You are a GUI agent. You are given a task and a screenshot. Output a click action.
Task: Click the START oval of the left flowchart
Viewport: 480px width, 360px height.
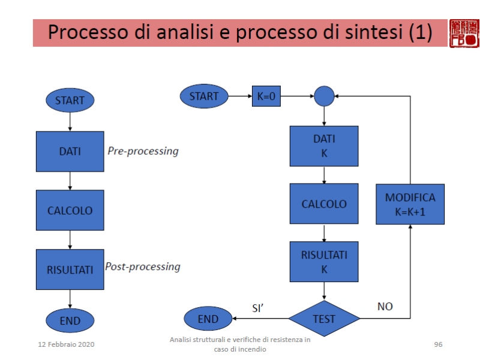pos(70,100)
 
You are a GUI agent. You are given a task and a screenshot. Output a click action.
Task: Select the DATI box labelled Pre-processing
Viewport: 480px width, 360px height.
pos(70,152)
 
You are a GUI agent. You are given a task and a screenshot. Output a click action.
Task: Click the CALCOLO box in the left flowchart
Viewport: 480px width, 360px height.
pos(70,211)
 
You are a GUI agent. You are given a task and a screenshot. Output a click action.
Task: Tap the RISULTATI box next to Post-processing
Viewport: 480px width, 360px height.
pos(70,269)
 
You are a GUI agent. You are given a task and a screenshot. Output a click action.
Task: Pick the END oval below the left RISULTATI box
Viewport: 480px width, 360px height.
pos(70,320)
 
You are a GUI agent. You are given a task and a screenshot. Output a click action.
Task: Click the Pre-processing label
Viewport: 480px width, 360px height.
pos(143,151)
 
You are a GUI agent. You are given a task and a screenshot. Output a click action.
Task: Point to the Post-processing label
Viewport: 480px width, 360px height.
pos(143,266)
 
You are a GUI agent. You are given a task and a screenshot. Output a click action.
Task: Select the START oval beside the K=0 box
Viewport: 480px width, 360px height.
pos(204,96)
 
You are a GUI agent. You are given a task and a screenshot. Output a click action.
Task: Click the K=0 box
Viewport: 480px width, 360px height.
pos(266,96)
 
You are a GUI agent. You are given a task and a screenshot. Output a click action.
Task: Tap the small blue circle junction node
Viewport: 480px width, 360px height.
pos(324,96)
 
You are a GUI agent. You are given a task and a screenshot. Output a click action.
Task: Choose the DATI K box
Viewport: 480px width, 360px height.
pos(324,146)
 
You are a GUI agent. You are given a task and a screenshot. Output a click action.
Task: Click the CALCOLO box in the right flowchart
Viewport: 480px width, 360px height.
pos(324,204)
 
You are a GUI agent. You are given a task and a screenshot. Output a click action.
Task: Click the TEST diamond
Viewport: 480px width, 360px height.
pos(324,319)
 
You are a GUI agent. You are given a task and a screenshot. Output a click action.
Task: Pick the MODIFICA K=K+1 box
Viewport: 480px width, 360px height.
pos(410,204)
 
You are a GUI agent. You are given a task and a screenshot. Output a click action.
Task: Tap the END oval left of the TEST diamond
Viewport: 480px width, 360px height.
pos(209,319)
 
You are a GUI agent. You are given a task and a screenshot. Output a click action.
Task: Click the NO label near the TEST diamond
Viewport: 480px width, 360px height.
pos(385,307)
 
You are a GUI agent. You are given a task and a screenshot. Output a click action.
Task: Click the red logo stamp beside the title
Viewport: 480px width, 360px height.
pos(464,33)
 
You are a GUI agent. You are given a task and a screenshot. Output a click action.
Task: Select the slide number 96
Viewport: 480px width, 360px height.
pos(438,344)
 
